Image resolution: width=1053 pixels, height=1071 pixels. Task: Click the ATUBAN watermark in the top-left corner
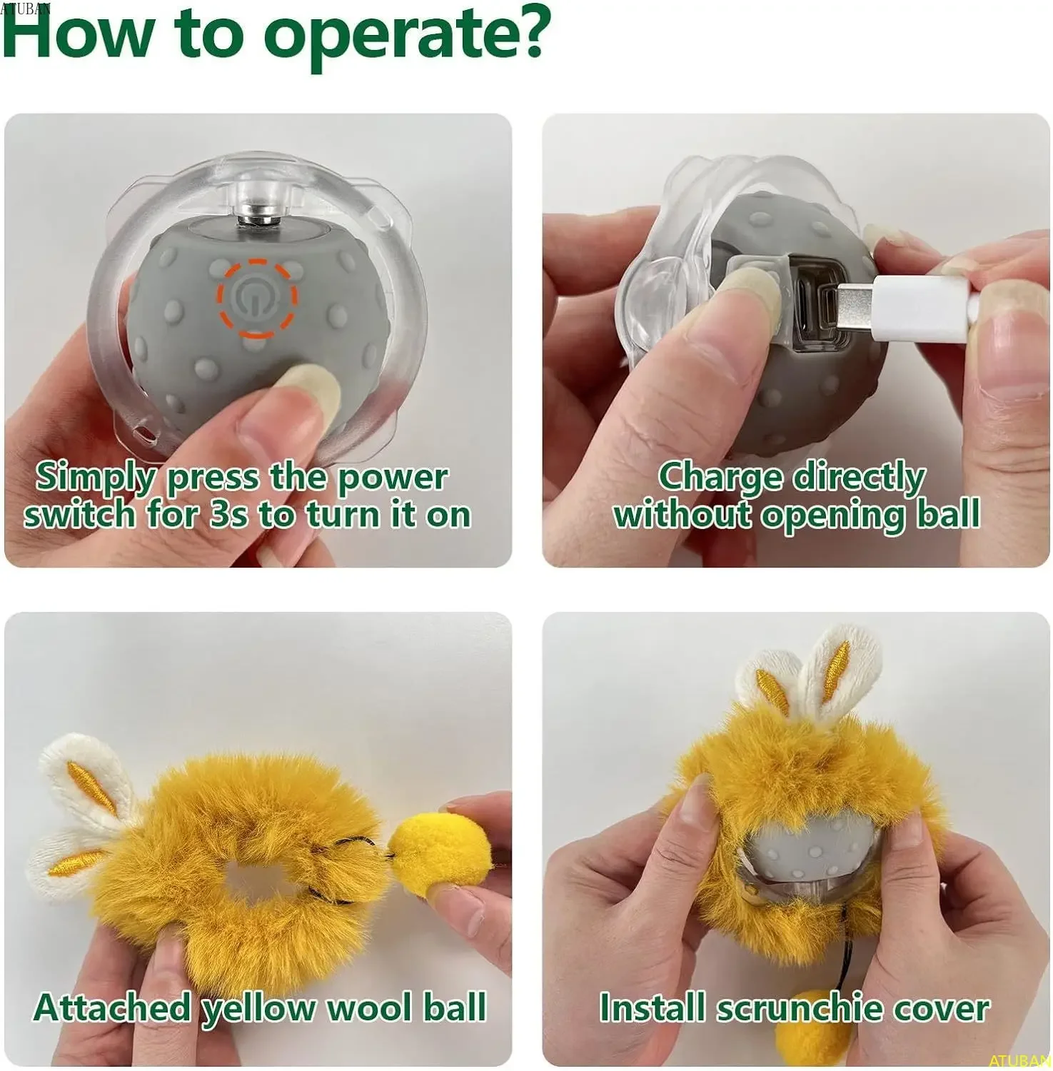coord(26,8)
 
